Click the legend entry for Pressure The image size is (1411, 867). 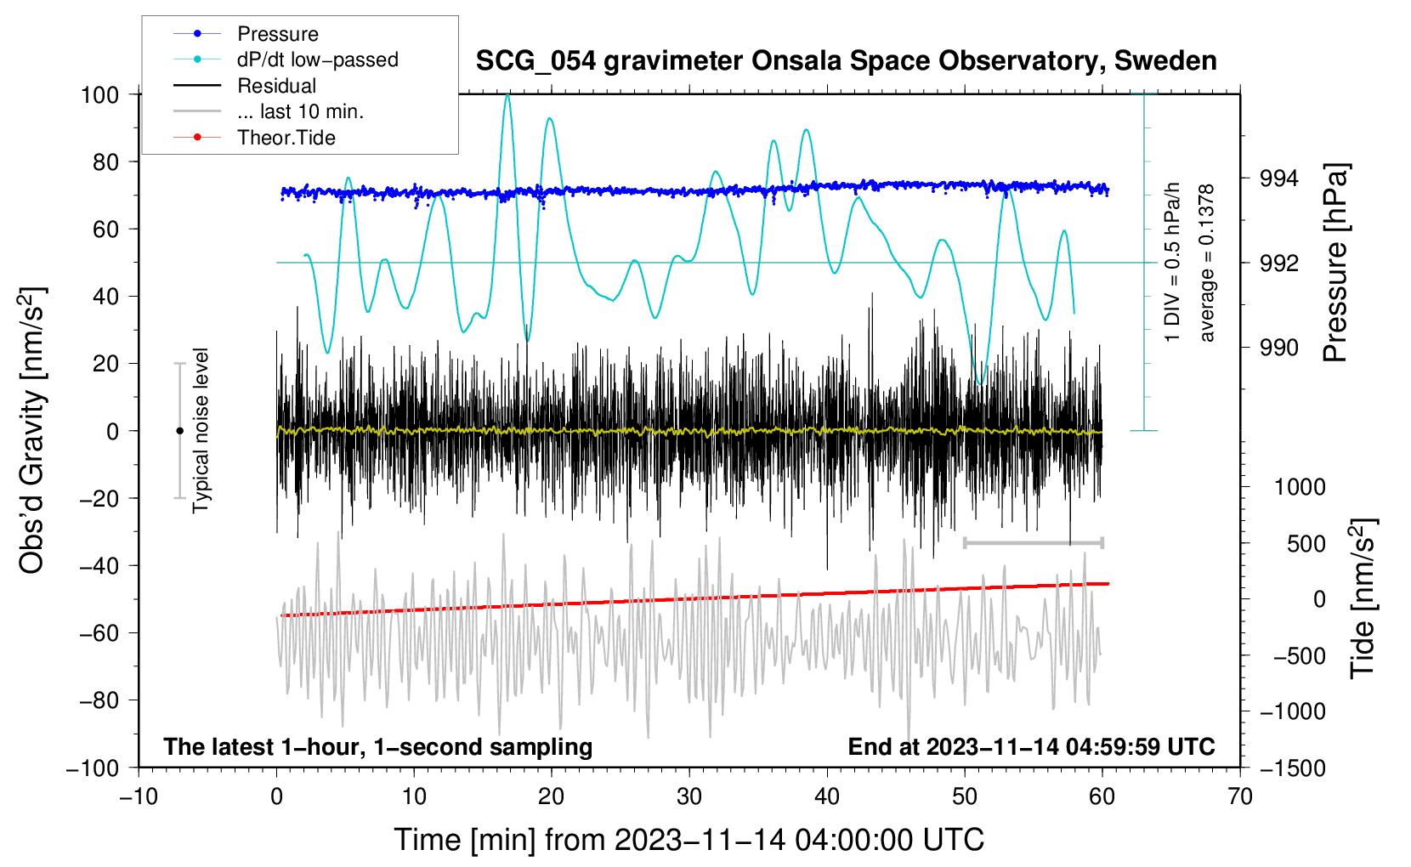[246, 33]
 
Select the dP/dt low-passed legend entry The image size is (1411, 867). [286, 59]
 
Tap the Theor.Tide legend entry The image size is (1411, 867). [254, 138]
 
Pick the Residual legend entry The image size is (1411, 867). [245, 86]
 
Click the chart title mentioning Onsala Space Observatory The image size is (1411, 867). [846, 60]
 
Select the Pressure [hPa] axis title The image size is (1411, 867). [1335, 263]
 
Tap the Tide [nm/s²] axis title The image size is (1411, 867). [1363, 598]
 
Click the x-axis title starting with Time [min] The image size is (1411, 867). [689, 840]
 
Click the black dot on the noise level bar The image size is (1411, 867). [179, 431]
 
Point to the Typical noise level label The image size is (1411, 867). [201, 431]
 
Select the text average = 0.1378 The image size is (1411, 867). [1205, 263]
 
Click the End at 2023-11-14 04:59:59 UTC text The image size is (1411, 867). [1031, 746]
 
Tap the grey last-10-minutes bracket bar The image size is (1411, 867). [1033, 542]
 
